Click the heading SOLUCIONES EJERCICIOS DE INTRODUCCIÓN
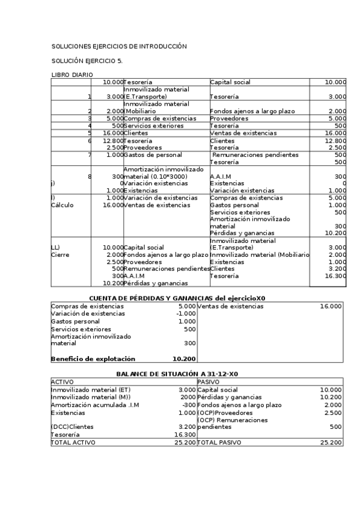pos(119,46)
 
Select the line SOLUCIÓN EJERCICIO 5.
pos(87,61)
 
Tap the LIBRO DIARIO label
pos(72,75)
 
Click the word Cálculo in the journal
pos(63,205)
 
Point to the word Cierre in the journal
pos(61,254)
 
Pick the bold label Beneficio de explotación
pos(93,359)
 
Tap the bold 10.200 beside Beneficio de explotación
pos(184,359)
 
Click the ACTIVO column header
pos(62,382)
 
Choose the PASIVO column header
pos(209,382)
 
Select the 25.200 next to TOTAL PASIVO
pos(331,442)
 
